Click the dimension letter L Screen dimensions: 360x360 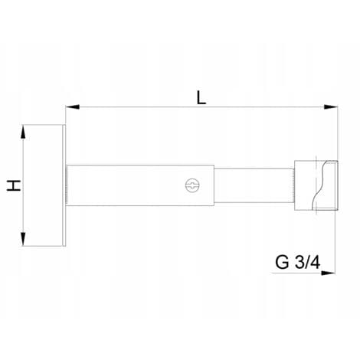point(201,97)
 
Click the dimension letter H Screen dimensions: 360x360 point(14,185)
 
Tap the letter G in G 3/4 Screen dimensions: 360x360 point(282,262)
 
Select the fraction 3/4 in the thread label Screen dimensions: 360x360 point(307,262)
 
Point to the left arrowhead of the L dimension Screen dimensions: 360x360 point(72,107)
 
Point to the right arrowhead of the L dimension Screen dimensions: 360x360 point(331,107)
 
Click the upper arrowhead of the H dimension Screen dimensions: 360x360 point(23,133)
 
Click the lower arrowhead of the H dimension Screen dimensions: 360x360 point(23,238)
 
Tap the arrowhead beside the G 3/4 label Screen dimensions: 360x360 point(328,273)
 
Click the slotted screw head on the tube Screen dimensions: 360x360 point(192,185)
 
